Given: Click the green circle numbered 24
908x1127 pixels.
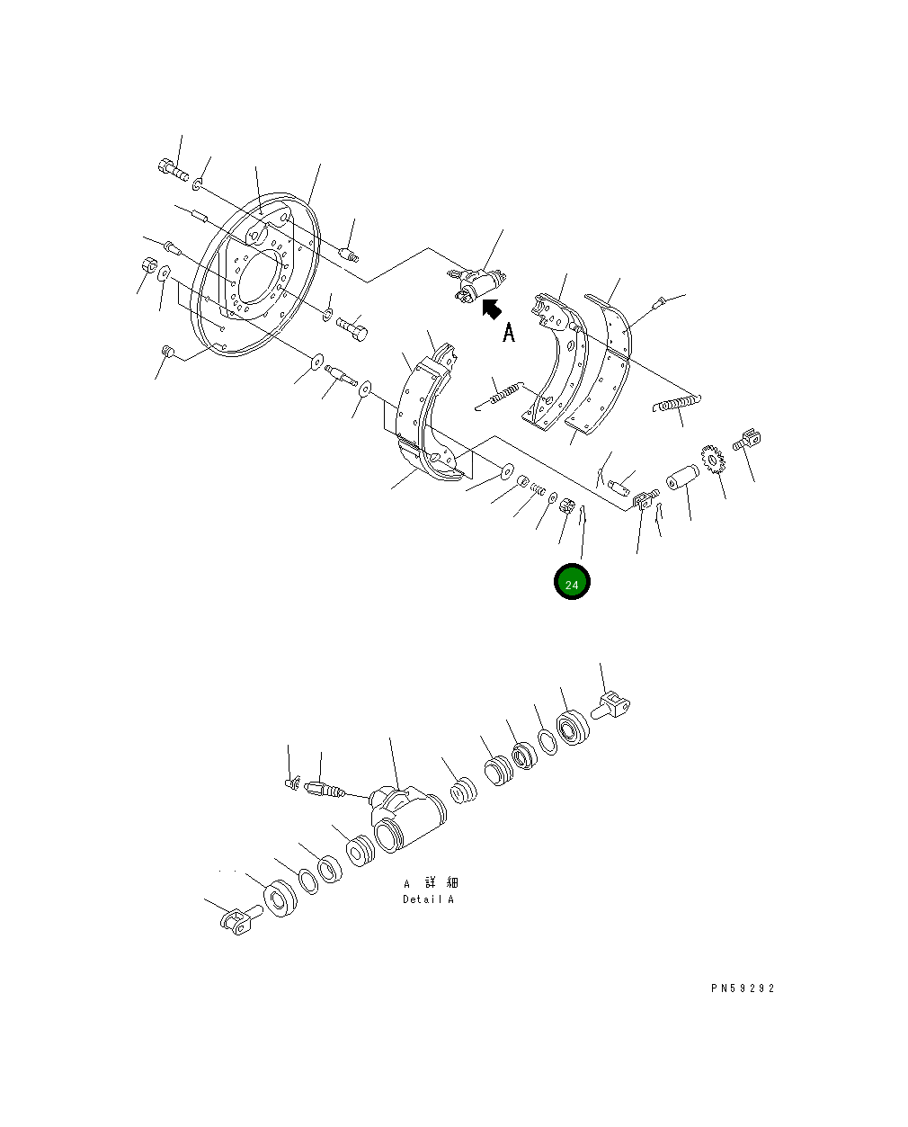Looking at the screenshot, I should (572, 582).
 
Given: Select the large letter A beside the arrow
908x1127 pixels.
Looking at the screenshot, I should (509, 333).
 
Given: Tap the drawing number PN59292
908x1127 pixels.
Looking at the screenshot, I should (742, 988).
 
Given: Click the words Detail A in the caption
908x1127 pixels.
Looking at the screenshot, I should (428, 899).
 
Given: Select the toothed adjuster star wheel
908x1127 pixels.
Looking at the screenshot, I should (713, 460).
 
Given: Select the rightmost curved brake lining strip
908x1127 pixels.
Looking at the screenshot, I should (610, 360).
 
